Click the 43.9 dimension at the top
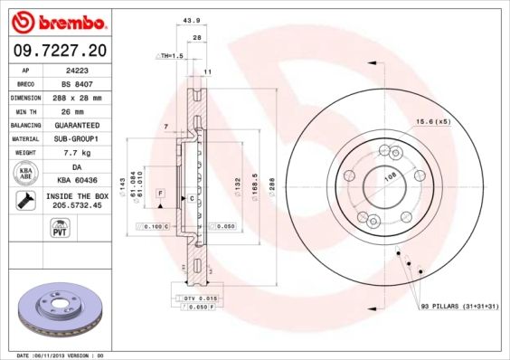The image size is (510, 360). click(x=191, y=21)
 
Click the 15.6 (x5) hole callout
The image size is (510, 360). click(x=432, y=121)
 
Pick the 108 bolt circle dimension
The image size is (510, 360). click(x=390, y=179)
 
